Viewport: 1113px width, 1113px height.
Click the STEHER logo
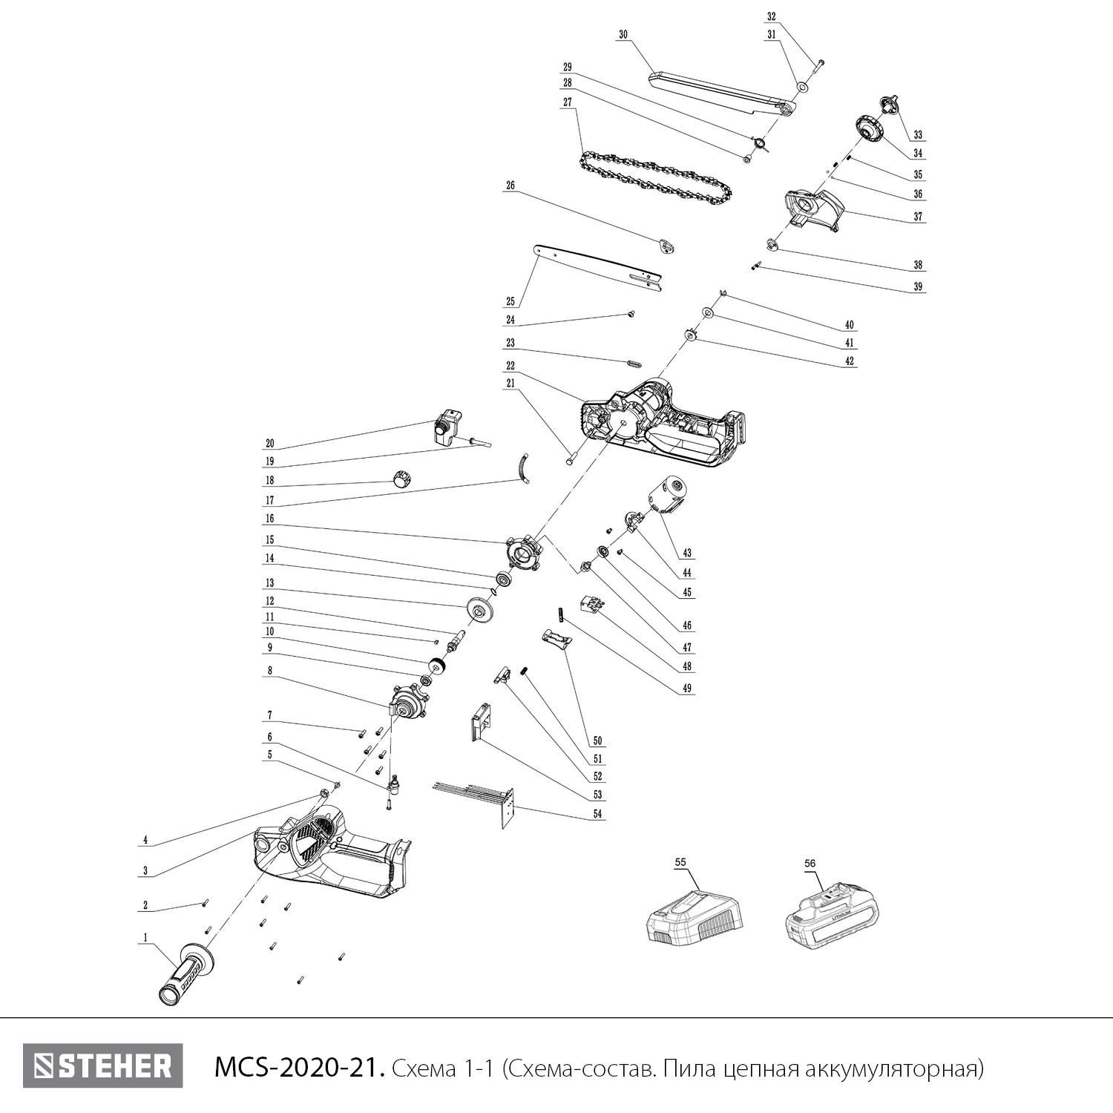point(102,1066)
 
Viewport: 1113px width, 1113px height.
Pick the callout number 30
point(623,34)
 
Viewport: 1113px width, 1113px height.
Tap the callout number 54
point(598,815)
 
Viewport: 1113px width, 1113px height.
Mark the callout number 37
point(918,217)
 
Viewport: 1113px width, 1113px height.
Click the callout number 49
point(687,689)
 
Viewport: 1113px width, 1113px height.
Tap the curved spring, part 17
point(524,468)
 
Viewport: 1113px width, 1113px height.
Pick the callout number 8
point(270,671)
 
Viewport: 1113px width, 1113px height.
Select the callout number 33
point(918,135)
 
